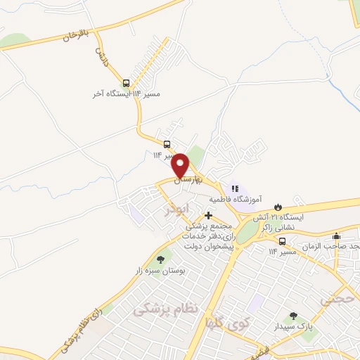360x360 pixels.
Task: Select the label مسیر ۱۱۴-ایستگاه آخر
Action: click(122, 94)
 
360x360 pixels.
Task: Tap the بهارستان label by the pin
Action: click(190, 181)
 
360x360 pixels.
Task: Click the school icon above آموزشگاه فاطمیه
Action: click(236, 188)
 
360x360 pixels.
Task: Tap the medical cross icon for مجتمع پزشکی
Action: click(207, 215)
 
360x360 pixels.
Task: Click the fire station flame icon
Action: click(278, 206)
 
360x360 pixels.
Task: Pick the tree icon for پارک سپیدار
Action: click(293, 316)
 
